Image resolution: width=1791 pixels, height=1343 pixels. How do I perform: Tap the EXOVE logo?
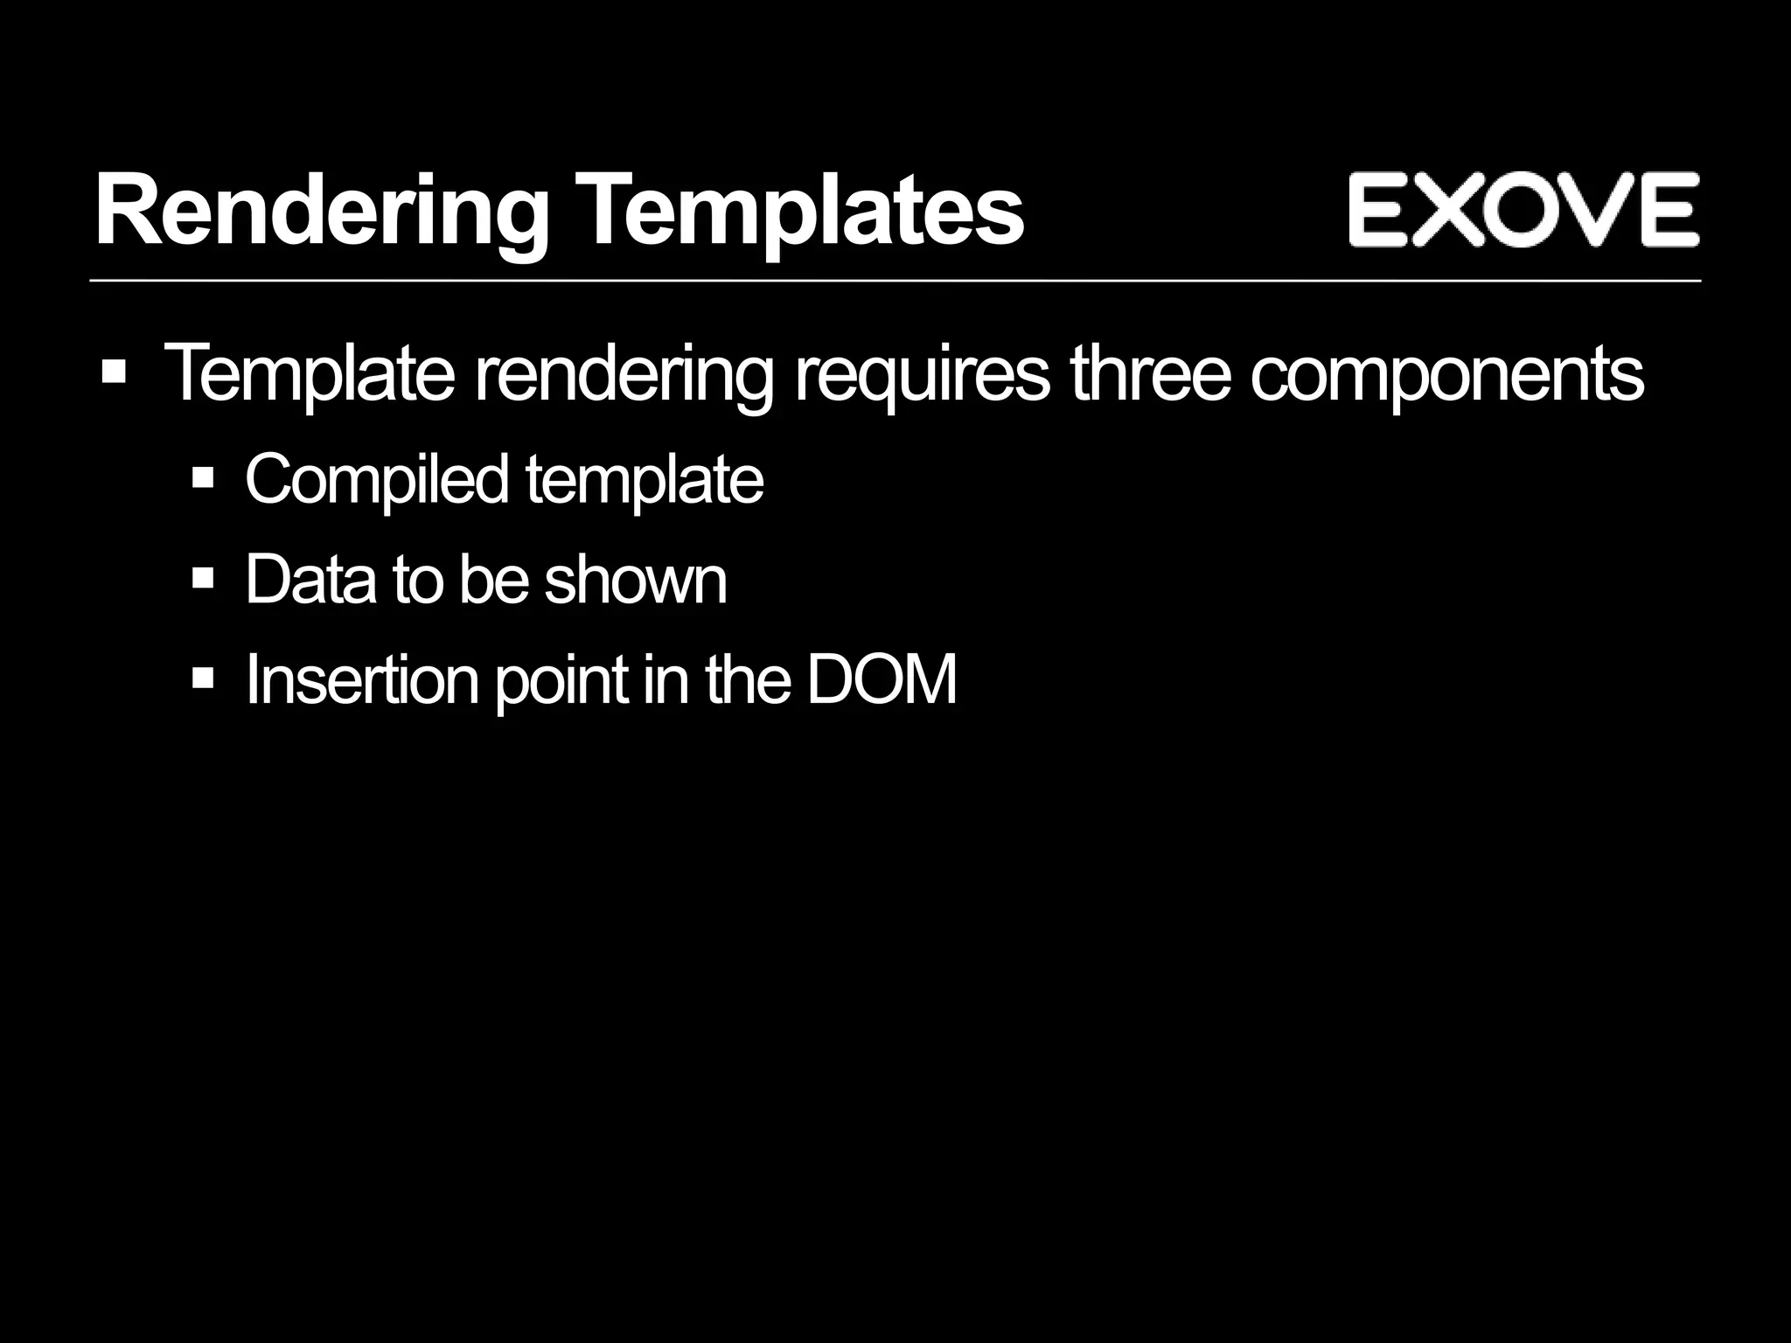pyautogui.click(x=1523, y=210)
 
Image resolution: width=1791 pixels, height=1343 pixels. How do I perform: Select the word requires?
pyautogui.click(x=921, y=374)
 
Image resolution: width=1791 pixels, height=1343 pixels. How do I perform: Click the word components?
pyautogui.click(x=1446, y=374)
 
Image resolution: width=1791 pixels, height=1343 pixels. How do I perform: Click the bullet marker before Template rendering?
pyautogui.click(x=114, y=373)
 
